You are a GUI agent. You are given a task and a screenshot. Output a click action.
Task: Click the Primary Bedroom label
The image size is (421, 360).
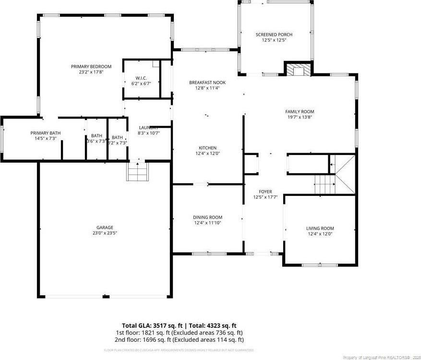pyautogui.click(x=91, y=66)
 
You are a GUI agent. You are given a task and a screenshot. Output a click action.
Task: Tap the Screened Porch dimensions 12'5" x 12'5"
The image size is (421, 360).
pyautogui.click(x=274, y=40)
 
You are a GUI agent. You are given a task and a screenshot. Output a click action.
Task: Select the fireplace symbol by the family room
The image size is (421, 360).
pyautogui.click(x=298, y=71)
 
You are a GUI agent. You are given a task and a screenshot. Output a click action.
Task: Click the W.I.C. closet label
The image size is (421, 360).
pyautogui.click(x=141, y=78)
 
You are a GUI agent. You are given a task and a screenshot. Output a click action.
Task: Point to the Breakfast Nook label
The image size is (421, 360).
pyautogui.click(x=207, y=83)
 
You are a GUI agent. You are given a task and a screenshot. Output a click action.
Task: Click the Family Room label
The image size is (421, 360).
pyautogui.click(x=300, y=111)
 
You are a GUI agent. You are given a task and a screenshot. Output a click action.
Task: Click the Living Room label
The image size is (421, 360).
pyautogui.click(x=320, y=228)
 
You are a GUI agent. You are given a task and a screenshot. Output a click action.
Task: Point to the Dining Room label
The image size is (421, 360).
pyautogui.click(x=208, y=217)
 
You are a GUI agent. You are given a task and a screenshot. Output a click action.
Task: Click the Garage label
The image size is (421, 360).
pyautogui.click(x=104, y=227)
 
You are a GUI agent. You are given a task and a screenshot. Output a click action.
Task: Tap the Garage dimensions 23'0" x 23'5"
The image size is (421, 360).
pyautogui.click(x=104, y=233)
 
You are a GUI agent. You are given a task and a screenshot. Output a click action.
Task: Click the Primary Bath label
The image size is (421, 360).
pyautogui.click(x=46, y=133)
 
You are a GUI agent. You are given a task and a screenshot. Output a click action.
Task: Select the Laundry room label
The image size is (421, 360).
pyautogui.click(x=148, y=127)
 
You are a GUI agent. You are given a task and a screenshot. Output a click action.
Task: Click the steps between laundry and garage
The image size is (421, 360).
pyautogui.click(x=138, y=172)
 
